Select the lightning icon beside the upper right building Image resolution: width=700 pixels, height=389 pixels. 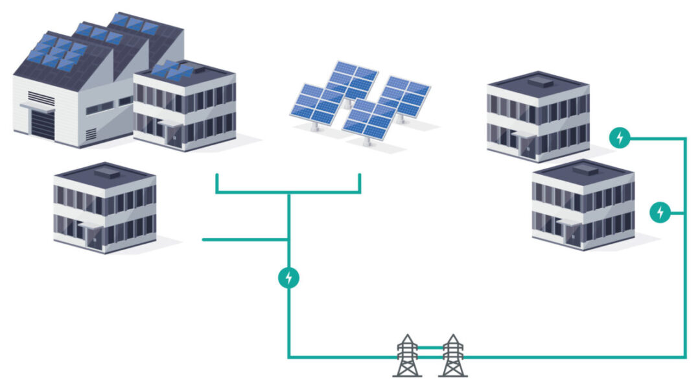pyautogui.click(x=620, y=137)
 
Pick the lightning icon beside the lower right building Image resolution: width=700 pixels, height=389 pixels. pyautogui.click(x=660, y=211)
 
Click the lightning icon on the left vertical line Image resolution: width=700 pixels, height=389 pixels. pyautogui.click(x=289, y=277)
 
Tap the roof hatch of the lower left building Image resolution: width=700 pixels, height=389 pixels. pyautogui.click(x=108, y=173)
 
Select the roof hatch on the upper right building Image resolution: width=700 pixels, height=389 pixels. pyautogui.click(x=540, y=82)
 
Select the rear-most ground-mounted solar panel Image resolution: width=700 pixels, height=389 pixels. pyautogui.click(x=352, y=78)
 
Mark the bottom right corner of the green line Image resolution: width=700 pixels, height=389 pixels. pyautogui.click(x=684, y=357)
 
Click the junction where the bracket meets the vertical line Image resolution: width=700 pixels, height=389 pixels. pyautogui.click(x=289, y=193)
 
